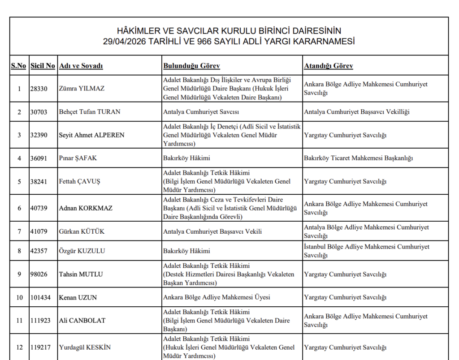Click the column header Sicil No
(x=43, y=66)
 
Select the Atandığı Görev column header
(x=328, y=66)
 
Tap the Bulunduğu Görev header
(x=191, y=66)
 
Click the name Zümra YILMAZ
(x=82, y=89)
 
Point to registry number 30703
(x=39, y=112)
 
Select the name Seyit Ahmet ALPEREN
(x=91, y=135)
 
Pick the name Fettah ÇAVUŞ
(x=80, y=182)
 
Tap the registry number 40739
(x=39, y=208)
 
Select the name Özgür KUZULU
(x=82, y=251)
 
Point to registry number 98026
(x=39, y=274)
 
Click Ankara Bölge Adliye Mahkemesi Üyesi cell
(x=217, y=297)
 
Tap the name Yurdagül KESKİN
(x=85, y=347)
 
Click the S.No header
(x=18, y=66)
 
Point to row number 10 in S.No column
(x=19, y=297)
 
